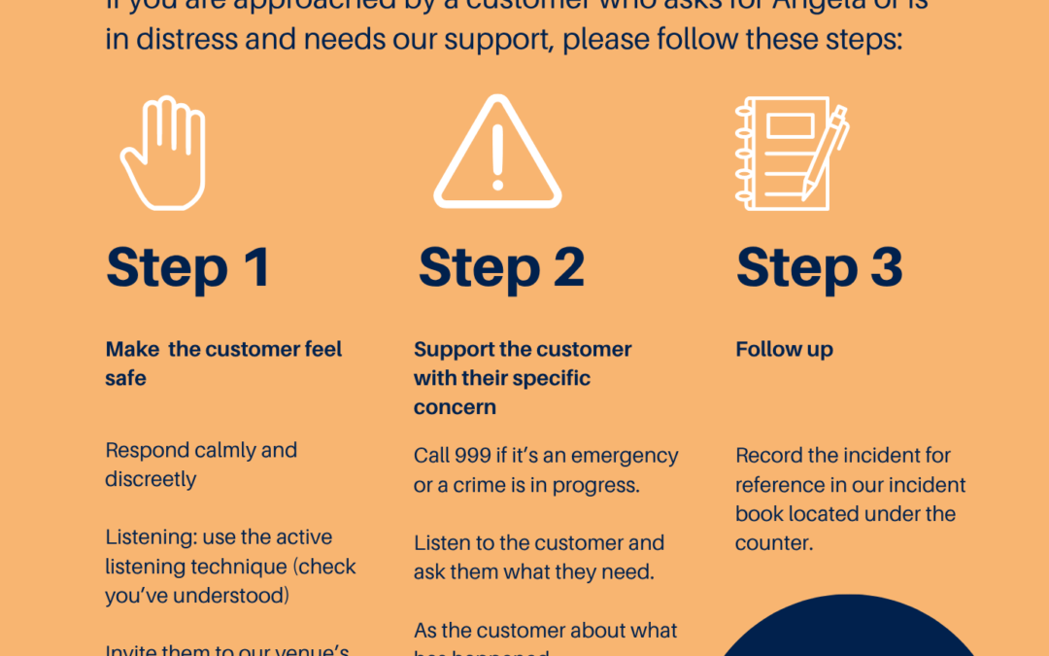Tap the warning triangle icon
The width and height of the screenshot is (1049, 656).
tap(497, 155)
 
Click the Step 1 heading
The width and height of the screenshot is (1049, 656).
tap(187, 267)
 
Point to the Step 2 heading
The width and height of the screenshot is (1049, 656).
tap(501, 267)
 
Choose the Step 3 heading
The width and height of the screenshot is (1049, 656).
tap(819, 267)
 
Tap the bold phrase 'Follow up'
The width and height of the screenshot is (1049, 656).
tap(784, 350)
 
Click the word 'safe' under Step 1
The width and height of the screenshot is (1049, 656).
tap(125, 379)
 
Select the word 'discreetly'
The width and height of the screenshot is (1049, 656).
tap(151, 480)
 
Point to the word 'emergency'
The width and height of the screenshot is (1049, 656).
tap(628, 456)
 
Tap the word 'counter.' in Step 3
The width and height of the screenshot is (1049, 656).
tap(774, 543)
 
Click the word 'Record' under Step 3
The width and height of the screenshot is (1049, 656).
tap(766, 456)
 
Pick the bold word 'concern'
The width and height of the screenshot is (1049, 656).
tap(455, 408)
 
